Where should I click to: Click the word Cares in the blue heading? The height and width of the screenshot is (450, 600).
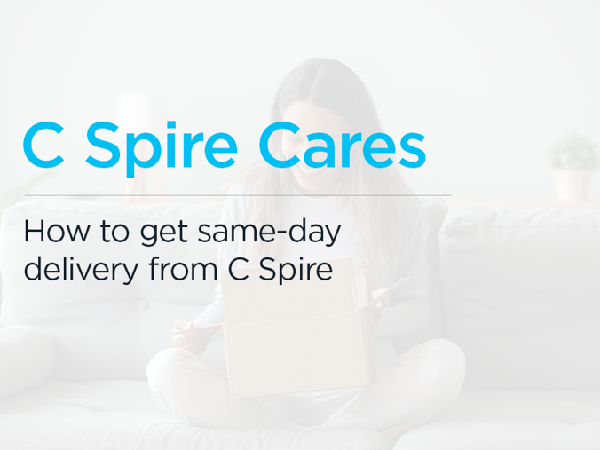(x=342, y=145)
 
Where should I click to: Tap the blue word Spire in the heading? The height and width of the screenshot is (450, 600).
(x=162, y=149)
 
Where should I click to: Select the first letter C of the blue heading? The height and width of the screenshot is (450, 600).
(x=43, y=145)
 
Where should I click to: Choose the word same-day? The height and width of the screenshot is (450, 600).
(x=269, y=233)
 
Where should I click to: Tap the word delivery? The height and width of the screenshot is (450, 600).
(x=81, y=270)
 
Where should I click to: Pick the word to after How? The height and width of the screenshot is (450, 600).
(x=114, y=233)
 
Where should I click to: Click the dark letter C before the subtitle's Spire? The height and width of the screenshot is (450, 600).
(x=239, y=270)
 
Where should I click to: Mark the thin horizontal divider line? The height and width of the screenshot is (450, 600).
(x=238, y=195)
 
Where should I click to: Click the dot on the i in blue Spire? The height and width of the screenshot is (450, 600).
(x=170, y=125)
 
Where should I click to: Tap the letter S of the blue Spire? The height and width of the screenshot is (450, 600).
(x=101, y=145)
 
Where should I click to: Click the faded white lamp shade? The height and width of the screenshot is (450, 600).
(x=135, y=112)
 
